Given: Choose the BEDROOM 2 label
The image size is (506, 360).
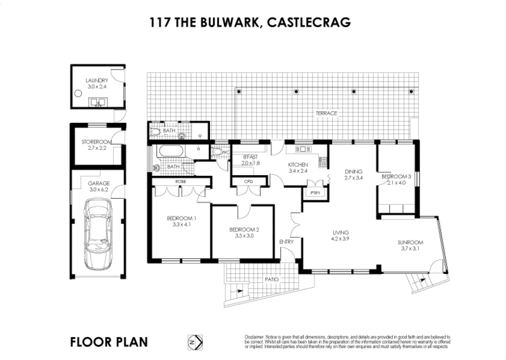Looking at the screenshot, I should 244,228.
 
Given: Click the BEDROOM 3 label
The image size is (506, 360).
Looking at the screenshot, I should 397,177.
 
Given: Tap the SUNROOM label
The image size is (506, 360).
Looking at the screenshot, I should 410,242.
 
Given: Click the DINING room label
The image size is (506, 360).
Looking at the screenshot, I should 354,171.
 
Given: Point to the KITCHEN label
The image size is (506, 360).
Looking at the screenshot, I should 297,164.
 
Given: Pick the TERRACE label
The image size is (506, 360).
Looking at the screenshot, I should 328,113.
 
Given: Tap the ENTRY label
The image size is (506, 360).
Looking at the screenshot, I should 287,242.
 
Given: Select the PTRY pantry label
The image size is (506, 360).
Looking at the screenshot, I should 313,194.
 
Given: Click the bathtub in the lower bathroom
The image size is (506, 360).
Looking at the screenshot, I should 171,152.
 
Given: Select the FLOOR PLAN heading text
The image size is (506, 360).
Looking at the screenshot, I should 109,342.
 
